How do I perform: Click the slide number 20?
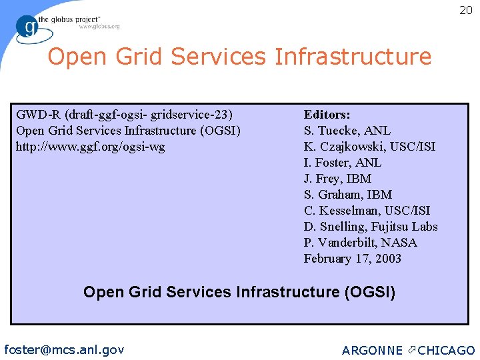465,10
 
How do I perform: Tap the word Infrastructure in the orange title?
353,57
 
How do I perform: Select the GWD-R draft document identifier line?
124,115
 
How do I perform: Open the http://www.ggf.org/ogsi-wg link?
90,147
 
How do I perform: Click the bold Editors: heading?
327,115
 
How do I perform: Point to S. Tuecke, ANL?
347,131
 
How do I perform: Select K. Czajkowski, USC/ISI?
369,147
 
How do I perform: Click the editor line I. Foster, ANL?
342,163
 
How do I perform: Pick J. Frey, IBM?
337,179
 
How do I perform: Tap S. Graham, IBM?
348,195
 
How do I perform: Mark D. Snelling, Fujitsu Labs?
371,227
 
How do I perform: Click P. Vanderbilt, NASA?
360,243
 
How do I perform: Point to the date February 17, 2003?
353,259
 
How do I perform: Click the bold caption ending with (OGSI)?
239,292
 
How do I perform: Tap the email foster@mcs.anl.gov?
64,349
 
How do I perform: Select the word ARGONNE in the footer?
372,350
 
